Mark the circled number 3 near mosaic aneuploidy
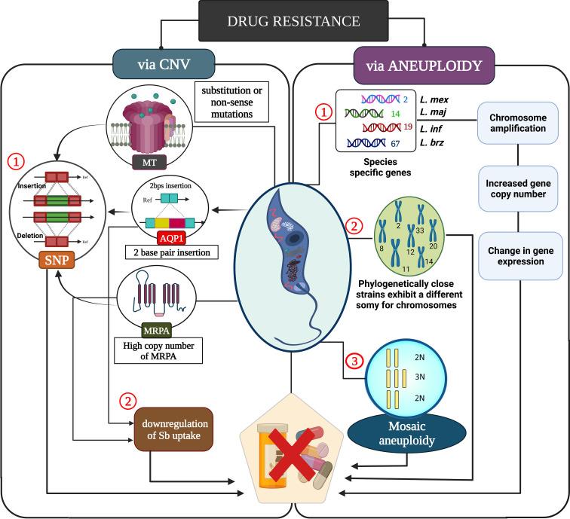[353, 360]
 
